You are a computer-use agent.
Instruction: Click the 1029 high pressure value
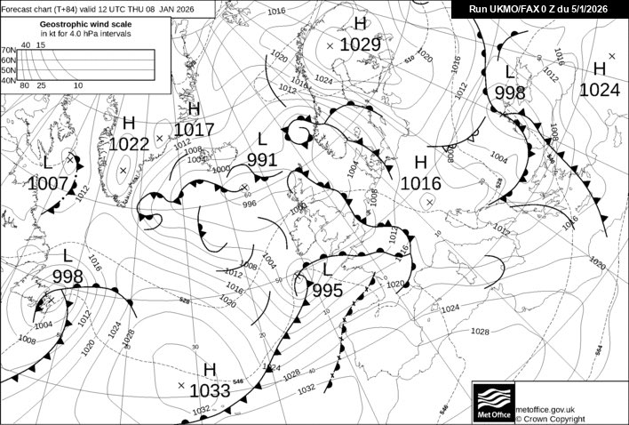[360, 44]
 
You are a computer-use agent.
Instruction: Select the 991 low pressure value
[262, 160]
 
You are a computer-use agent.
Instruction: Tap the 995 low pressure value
[327, 290]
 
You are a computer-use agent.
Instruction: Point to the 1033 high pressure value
[210, 389]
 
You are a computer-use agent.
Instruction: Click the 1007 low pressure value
[48, 183]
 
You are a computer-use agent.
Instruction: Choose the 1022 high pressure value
[129, 143]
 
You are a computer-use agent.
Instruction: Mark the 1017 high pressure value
[195, 130]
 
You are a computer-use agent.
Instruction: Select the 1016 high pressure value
[421, 183]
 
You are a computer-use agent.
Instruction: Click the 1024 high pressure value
[600, 89]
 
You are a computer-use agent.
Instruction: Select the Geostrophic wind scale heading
[74, 24]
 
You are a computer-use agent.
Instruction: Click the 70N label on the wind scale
[8, 51]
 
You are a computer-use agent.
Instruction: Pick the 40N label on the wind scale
[8, 80]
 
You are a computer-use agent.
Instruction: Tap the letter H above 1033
[210, 369]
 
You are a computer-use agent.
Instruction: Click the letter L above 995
[327, 269]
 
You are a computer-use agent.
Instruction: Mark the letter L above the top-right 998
[510, 72]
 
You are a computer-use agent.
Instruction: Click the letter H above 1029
[360, 24]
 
